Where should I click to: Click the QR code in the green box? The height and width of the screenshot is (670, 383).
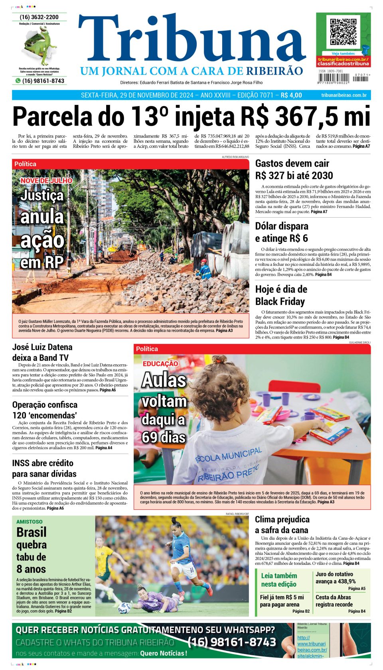(343, 31)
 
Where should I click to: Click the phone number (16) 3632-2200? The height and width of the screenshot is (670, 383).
(39, 17)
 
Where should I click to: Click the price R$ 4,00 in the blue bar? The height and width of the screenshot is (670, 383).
(291, 95)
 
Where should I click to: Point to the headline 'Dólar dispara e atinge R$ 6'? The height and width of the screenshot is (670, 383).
(282, 232)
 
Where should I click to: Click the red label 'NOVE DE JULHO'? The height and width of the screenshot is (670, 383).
(46, 181)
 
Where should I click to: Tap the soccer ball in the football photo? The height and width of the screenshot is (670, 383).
(124, 607)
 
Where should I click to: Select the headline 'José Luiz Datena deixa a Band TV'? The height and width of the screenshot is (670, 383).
(42, 352)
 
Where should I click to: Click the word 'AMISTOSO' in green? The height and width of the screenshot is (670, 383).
(30, 521)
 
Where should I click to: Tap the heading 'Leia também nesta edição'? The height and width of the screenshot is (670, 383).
(279, 580)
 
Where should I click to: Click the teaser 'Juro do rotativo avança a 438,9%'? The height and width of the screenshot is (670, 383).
(336, 578)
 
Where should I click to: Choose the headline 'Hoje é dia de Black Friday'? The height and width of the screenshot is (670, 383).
(281, 295)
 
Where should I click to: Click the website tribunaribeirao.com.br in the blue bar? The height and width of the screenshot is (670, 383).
(344, 95)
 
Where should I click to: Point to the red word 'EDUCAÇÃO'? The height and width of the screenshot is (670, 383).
(160, 363)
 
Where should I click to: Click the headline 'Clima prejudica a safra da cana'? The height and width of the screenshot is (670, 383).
(282, 525)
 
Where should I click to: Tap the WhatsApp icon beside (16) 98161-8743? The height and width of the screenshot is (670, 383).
(18, 81)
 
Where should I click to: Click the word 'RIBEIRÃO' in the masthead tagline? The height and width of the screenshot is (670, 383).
(274, 71)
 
